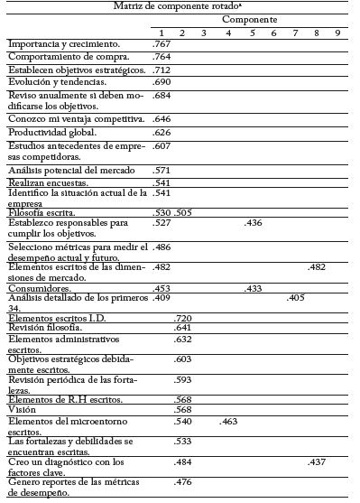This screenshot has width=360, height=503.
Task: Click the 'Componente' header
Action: [x=249, y=19]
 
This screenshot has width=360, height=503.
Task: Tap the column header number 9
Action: [x=337, y=33]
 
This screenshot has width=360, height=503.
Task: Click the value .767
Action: [x=162, y=43]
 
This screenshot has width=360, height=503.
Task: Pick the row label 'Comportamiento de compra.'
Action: [x=57, y=56]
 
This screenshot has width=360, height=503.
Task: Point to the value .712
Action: [x=162, y=70]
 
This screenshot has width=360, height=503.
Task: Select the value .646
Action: [x=162, y=119]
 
